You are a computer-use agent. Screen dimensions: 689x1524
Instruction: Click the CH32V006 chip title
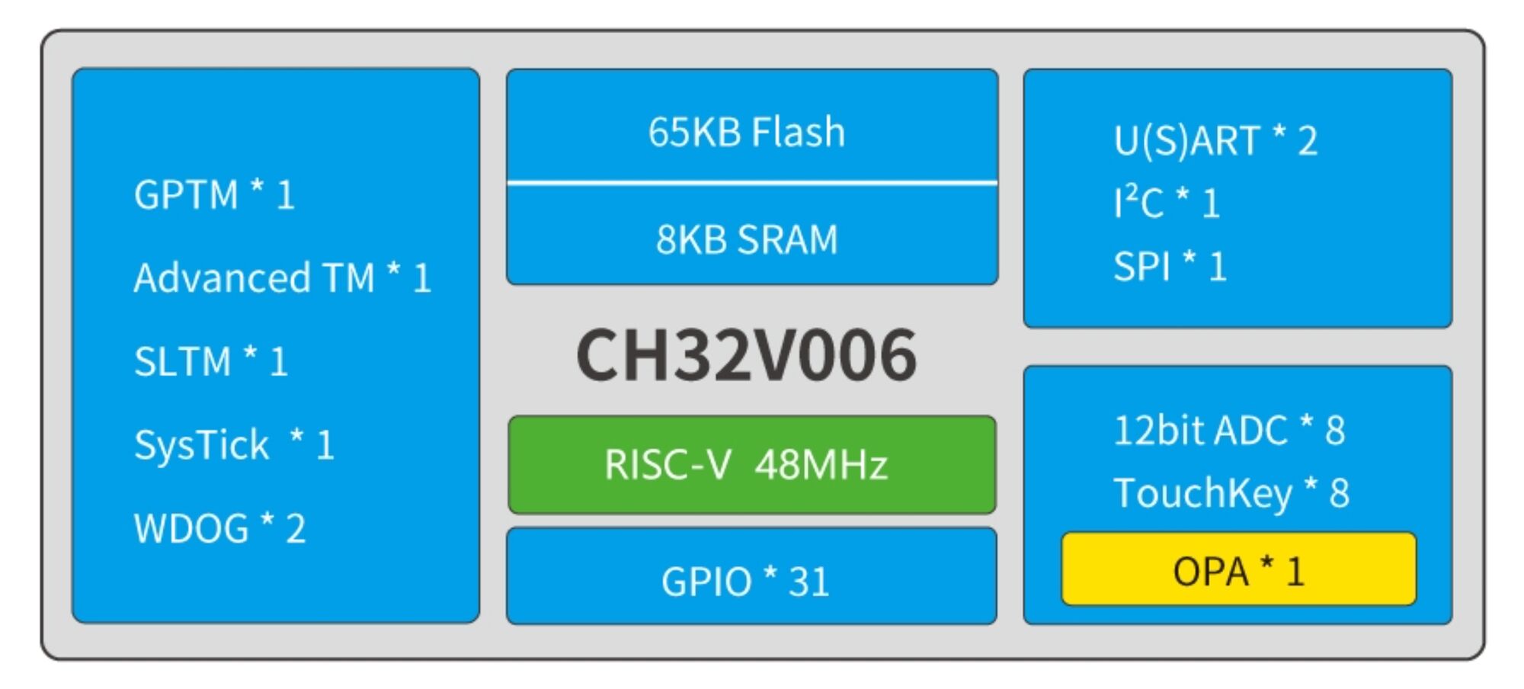(x=746, y=355)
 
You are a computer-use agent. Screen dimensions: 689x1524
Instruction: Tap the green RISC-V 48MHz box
(x=751, y=464)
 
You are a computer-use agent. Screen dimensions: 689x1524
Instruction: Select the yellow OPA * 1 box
(x=1238, y=569)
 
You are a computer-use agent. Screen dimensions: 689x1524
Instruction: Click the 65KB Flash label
(x=747, y=132)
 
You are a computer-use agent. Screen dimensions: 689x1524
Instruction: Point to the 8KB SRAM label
(x=747, y=239)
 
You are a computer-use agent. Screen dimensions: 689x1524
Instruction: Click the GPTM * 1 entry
(x=214, y=195)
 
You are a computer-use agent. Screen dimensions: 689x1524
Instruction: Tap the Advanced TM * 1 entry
(x=282, y=278)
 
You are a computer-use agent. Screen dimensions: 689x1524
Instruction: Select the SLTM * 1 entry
(x=210, y=361)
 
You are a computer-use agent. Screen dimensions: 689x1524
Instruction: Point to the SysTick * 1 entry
(x=233, y=445)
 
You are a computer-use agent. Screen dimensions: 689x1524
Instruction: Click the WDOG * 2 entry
(x=219, y=528)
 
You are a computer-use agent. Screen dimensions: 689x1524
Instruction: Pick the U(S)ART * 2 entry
(x=1215, y=141)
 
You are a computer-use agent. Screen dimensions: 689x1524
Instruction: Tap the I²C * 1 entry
(x=1166, y=203)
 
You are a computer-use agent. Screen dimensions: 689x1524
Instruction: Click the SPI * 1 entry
(x=1169, y=267)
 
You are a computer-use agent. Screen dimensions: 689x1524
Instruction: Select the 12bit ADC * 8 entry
(x=1228, y=431)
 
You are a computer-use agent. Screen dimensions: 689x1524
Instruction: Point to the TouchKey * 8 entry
(x=1231, y=493)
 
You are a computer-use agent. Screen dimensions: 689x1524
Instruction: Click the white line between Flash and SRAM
(x=751, y=183)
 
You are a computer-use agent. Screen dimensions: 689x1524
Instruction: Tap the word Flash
(x=798, y=132)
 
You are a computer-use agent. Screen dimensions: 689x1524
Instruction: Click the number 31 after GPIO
(x=808, y=582)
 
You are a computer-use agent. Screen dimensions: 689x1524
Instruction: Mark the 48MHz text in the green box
(x=821, y=464)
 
